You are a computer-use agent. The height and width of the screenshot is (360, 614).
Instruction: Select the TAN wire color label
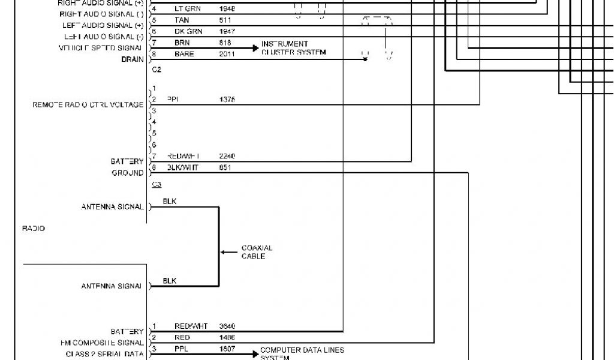(x=182, y=20)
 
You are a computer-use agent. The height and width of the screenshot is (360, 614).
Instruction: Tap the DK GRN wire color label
(x=188, y=31)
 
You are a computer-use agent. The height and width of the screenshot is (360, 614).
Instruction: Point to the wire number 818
(x=225, y=43)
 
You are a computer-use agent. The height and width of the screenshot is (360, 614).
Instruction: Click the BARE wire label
(x=184, y=54)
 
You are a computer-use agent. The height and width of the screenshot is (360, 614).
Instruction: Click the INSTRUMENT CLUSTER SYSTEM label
(x=293, y=48)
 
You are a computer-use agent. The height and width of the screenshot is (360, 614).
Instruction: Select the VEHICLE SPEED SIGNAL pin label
(x=100, y=48)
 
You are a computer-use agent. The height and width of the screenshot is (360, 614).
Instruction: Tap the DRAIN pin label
(x=133, y=59)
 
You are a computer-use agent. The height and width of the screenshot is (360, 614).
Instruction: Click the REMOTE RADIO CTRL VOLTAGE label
(x=88, y=105)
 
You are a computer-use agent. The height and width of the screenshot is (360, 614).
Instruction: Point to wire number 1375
(x=227, y=100)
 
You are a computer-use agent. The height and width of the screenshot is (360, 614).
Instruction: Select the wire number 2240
(x=227, y=156)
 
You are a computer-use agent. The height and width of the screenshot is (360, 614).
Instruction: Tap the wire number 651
(x=225, y=168)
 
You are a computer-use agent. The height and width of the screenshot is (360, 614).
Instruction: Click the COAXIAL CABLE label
(x=257, y=252)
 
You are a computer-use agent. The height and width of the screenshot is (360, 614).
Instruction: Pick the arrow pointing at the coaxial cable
(x=228, y=252)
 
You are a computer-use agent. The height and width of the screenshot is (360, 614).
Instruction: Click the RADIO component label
(x=34, y=229)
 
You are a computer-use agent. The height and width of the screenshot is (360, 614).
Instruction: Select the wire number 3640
(x=227, y=326)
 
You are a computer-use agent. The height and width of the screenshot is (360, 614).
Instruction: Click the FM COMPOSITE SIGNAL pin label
(x=102, y=343)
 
